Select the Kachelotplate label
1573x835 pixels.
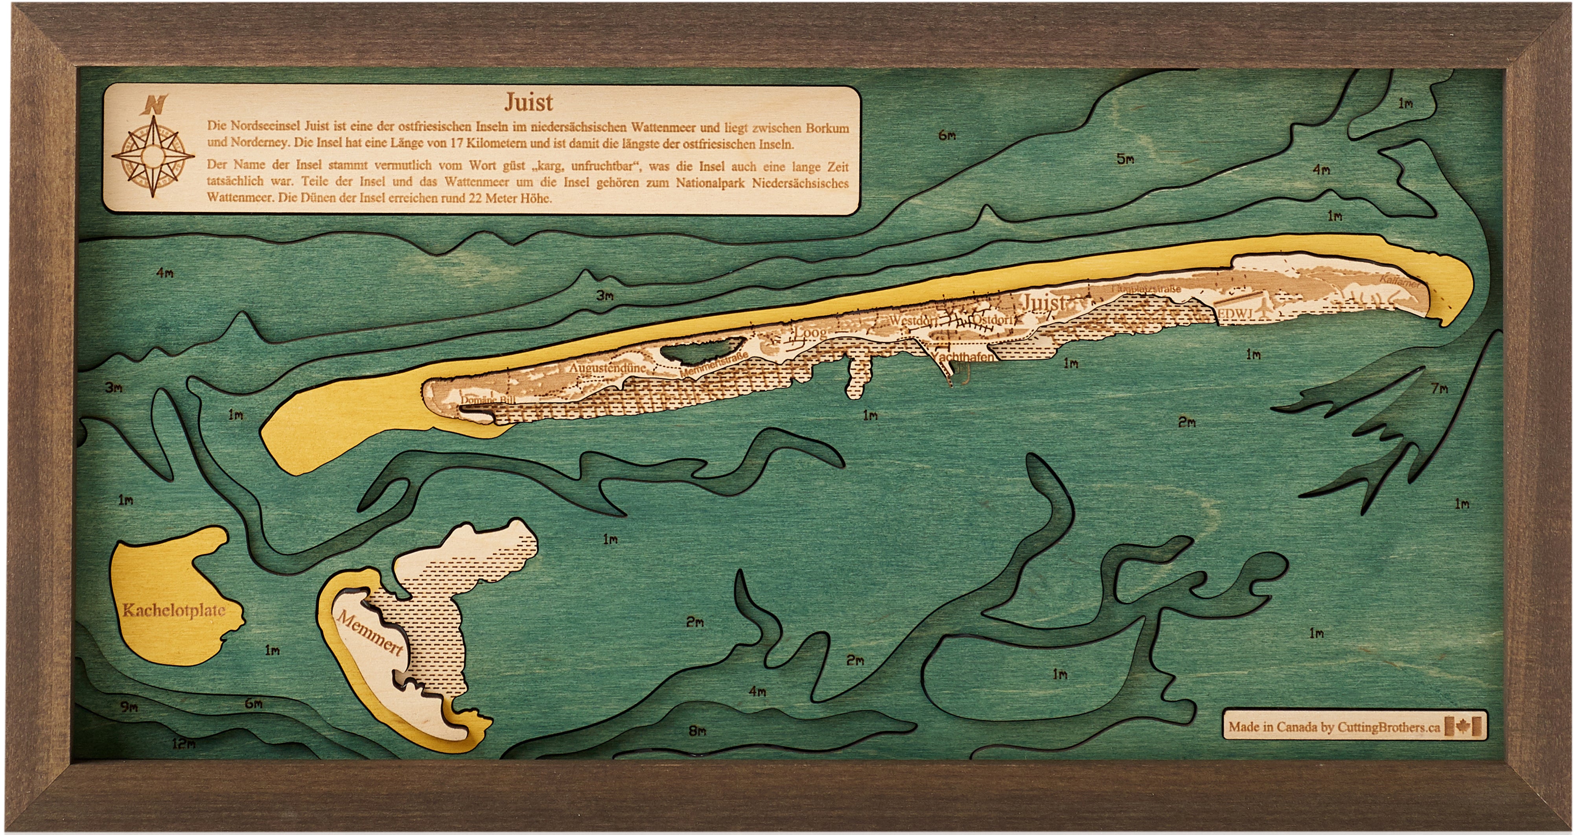[174, 610]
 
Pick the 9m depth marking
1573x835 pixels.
[129, 708]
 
